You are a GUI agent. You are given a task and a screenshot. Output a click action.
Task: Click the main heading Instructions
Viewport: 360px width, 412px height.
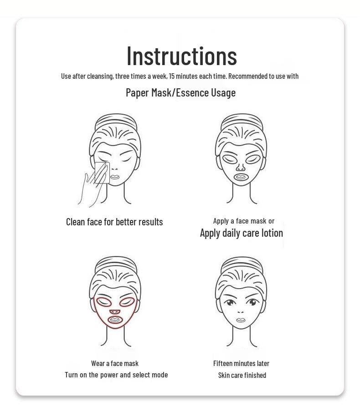point(181,56)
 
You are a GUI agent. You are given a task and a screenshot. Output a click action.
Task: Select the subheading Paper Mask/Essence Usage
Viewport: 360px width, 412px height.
point(180,92)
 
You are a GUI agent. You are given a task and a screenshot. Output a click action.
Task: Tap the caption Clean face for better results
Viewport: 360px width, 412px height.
point(114,222)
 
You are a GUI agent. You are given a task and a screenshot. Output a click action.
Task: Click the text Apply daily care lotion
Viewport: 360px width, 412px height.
point(241,233)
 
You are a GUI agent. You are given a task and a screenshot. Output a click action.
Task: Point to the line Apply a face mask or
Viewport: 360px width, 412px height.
point(243,221)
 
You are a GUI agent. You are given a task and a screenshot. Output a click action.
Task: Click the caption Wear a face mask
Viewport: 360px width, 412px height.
point(115,363)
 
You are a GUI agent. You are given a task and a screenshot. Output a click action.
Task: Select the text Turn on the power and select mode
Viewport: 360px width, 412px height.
point(116,375)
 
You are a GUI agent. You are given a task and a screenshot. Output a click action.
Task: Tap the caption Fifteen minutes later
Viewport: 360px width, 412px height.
point(241,363)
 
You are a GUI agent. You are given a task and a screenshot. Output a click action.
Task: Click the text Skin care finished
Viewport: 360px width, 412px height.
point(242,375)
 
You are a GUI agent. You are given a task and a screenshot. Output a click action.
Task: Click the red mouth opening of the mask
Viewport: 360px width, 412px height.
point(115,320)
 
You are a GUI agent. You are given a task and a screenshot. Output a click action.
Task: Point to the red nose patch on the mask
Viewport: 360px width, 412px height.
point(115,312)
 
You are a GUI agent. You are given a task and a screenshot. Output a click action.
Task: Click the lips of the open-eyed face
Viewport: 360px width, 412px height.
point(241,320)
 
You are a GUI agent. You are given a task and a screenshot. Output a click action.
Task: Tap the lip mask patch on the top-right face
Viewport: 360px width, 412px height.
point(241,176)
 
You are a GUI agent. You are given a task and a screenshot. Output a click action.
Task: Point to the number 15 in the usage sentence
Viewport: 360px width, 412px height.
point(172,76)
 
